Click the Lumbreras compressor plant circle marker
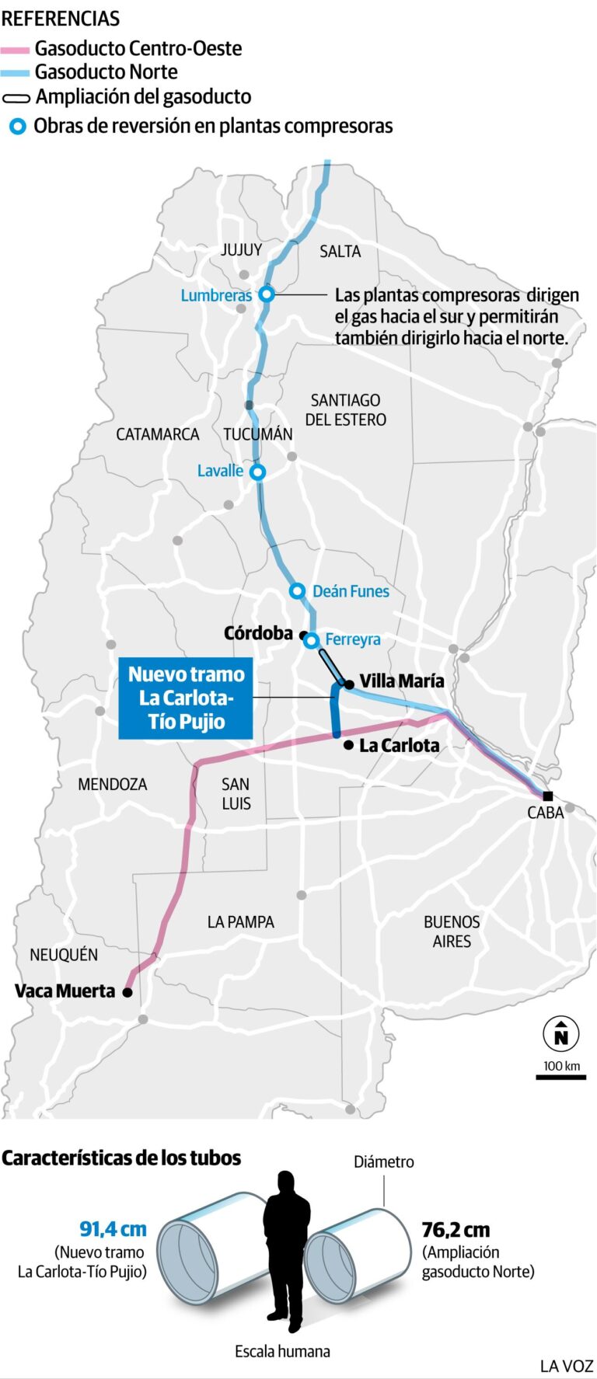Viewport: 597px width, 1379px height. pos(267,294)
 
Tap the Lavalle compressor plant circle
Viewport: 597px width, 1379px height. pos(257,472)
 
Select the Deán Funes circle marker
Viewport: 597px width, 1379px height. pos(297,591)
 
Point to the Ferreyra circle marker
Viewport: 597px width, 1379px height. pos(311,641)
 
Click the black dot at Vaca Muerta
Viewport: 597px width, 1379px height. pos(127,992)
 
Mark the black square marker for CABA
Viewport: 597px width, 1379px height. pos(548,796)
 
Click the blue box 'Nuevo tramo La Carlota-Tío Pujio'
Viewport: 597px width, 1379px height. pos(186,698)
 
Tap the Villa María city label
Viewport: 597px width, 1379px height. pos(401,681)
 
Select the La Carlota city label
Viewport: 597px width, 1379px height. pos(399,746)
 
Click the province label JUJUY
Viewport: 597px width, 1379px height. pos(241,250)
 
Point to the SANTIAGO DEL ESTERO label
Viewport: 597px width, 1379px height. pos(345,410)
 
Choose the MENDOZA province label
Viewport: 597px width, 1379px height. pos(113,785)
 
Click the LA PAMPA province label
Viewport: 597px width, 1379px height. pos(240,922)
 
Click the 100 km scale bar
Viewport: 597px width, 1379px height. pos(560,1077)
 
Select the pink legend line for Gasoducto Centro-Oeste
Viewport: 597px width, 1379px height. pos(16,50)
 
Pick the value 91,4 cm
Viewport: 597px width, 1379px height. pos(113,1229)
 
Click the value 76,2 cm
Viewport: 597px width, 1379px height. pos(456,1231)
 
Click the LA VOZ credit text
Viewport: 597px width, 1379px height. pos(567,1366)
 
